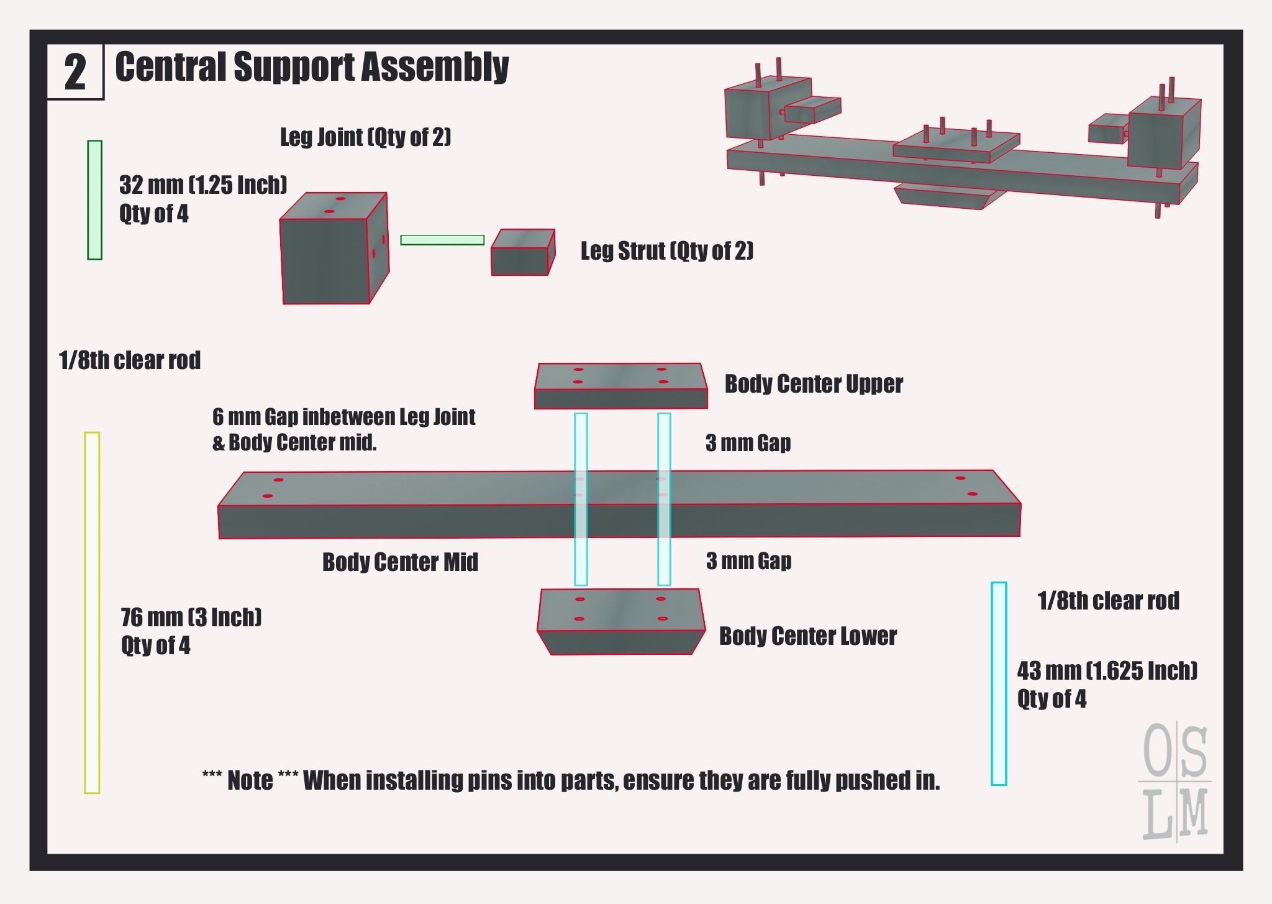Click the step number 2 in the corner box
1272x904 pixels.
(x=75, y=73)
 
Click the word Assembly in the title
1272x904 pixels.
(x=435, y=67)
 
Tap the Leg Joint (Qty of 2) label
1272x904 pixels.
(x=365, y=137)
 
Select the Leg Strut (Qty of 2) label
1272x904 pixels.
(x=666, y=251)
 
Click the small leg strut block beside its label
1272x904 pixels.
(x=522, y=253)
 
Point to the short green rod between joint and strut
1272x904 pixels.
(x=442, y=240)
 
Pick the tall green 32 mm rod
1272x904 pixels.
(x=94, y=199)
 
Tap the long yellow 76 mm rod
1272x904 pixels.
(x=92, y=612)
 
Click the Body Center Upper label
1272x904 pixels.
(x=813, y=384)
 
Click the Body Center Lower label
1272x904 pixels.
(x=807, y=636)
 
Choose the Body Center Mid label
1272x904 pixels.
(x=400, y=562)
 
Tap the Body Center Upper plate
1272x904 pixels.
(x=620, y=385)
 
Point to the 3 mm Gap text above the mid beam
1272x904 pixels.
(x=748, y=443)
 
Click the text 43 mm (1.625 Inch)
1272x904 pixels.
(x=1107, y=671)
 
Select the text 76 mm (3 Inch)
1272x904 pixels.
(x=191, y=618)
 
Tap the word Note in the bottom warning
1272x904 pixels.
(x=250, y=780)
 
